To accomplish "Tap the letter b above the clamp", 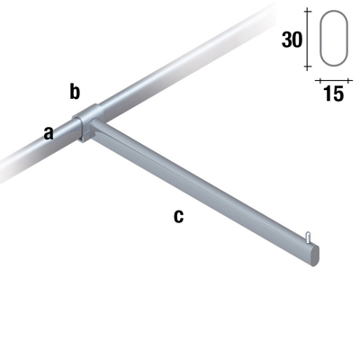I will coord(76,91).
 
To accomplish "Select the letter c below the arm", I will coord(178,216).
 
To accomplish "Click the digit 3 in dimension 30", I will coord(285,40).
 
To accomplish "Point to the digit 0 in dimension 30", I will coord(298,40).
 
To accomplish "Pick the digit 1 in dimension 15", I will coord(327,94).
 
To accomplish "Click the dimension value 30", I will coord(292,40).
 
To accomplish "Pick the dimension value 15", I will coord(332,94).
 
